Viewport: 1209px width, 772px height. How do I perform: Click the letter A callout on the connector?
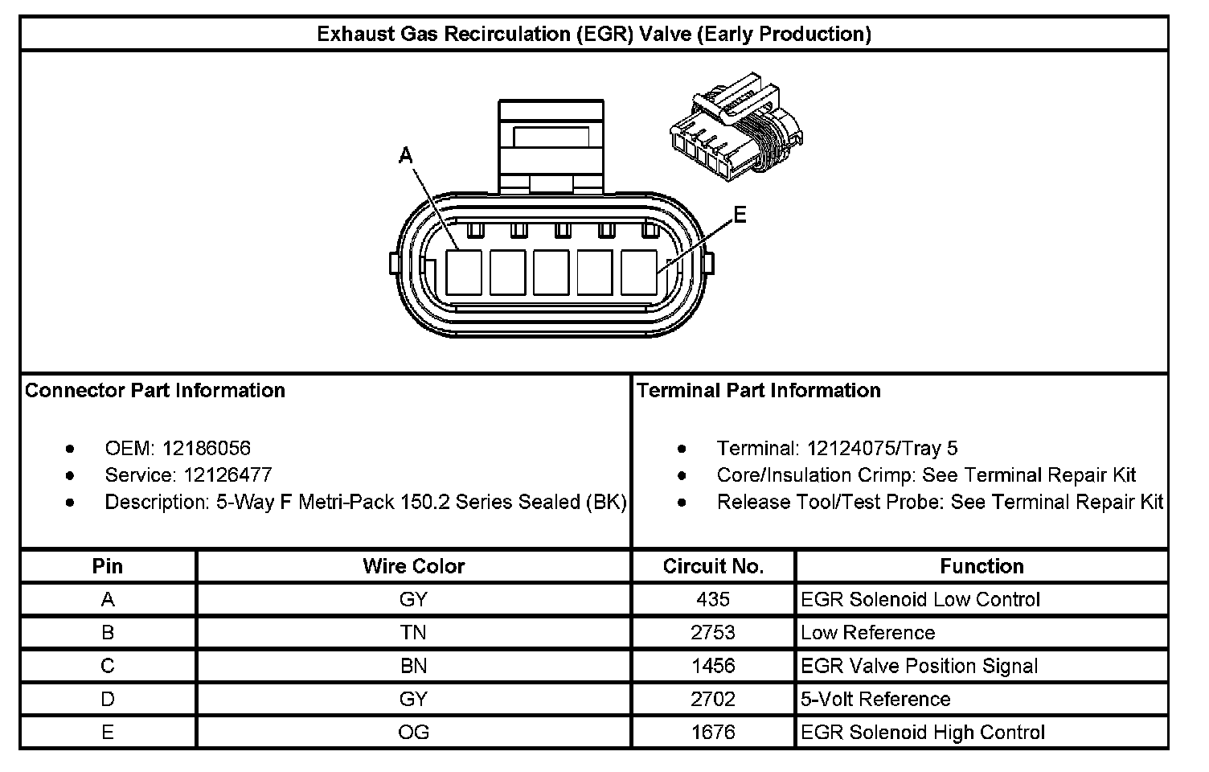point(406,156)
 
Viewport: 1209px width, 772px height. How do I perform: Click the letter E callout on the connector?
point(740,215)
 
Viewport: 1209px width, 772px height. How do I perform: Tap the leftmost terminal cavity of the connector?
point(464,272)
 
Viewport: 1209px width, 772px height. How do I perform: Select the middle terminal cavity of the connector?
point(551,272)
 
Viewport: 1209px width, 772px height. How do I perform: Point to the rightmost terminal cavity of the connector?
point(639,272)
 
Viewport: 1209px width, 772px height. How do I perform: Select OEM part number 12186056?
point(207,448)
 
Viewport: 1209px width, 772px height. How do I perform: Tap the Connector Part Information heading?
point(155,391)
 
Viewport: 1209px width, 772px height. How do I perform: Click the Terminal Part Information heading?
point(759,391)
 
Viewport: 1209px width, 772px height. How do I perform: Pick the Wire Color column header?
point(413,566)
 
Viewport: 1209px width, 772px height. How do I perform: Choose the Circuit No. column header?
point(713,566)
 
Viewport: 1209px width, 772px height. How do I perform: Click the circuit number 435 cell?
point(713,599)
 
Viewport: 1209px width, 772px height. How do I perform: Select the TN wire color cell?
point(413,633)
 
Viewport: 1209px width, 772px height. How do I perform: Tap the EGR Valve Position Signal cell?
point(919,666)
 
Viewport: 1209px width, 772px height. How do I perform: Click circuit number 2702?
point(713,699)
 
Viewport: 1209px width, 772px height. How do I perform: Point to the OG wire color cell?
point(413,733)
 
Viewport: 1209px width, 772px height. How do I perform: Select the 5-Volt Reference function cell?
point(875,699)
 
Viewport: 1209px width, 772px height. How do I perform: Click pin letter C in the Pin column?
point(108,666)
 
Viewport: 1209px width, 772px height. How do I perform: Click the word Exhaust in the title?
point(355,34)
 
